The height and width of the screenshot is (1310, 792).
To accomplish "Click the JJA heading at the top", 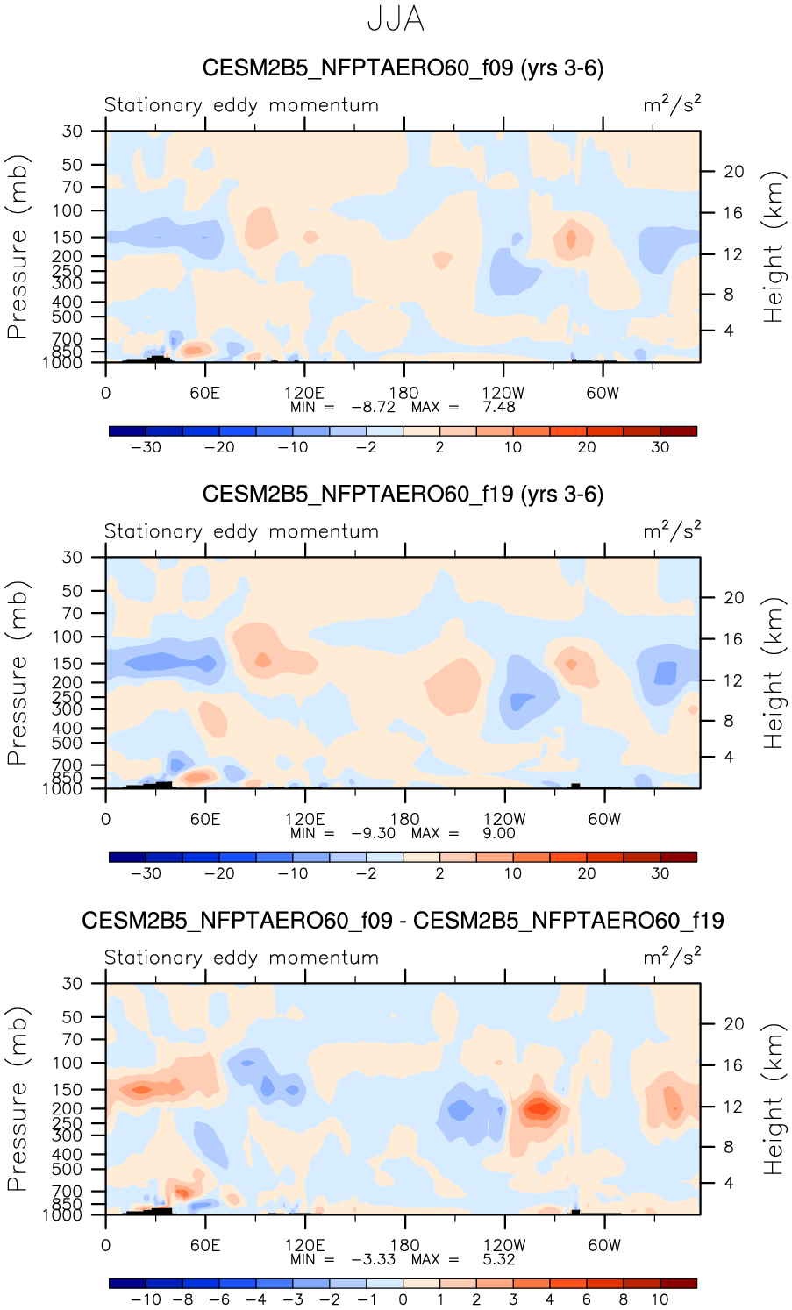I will pyautogui.click(x=396, y=19).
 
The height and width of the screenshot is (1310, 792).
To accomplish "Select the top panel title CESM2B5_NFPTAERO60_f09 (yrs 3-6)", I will pyautogui.click(x=403, y=68).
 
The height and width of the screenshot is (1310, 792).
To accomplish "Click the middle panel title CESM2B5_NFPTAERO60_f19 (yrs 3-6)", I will pyautogui.click(x=403, y=495).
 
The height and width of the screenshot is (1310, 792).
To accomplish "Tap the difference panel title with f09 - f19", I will pyautogui.click(x=403, y=921).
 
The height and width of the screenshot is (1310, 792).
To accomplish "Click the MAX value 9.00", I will pyautogui.click(x=498, y=833).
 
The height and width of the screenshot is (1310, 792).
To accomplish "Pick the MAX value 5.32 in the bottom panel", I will pyautogui.click(x=498, y=1259).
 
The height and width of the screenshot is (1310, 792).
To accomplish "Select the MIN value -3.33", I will pyautogui.click(x=373, y=1259).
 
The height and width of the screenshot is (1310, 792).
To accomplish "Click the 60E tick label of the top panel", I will pyautogui.click(x=205, y=393).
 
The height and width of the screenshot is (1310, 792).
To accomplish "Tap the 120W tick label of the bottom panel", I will pyautogui.click(x=504, y=1245).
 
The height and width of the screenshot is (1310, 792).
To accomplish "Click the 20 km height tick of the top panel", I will pyautogui.click(x=733, y=172).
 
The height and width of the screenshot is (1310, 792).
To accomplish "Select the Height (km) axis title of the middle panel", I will pyautogui.click(x=773, y=673).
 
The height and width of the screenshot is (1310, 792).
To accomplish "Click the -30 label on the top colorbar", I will pyautogui.click(x=146, y=447).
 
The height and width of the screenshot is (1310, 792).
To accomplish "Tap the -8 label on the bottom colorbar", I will pyautogui.click(x=182, y=1299).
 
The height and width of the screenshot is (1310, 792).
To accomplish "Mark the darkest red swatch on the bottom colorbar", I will pyautogui.click(x=678, y=1283).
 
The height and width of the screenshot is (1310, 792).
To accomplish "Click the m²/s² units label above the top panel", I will pyautogui.click(x=672, y=105).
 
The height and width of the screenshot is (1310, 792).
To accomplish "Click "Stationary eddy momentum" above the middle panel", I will pyautogui.click(x=241, y=531).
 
